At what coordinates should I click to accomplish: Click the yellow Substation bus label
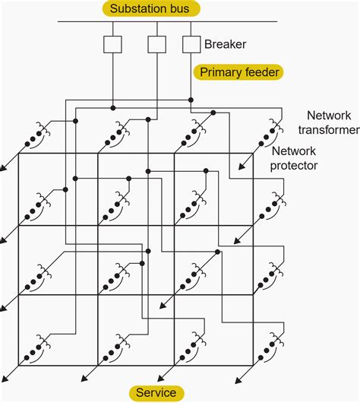[x=150, y=9]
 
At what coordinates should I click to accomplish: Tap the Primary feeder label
[x=238, y=72]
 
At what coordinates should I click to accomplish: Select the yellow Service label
[x=156, y=393]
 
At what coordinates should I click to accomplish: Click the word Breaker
[x=225, y=45]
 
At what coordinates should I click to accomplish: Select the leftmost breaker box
[x=113, y=44]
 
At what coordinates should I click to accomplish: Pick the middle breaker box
[x=156, y=44]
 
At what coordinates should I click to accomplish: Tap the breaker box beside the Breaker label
[x=191, y=44]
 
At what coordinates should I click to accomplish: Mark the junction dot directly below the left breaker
[x=113, y=106]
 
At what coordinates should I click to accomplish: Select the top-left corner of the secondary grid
[x=20, y=154]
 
